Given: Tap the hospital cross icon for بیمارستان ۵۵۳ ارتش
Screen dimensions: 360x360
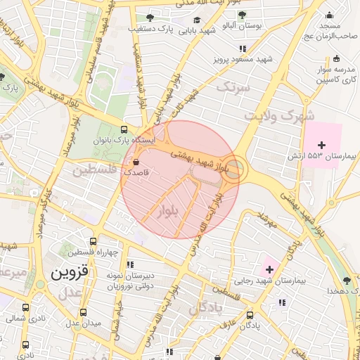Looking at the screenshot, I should coord(322,144).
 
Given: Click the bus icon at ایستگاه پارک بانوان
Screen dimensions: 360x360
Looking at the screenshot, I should coord(124,130).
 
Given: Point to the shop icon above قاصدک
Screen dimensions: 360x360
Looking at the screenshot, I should coord(134,161).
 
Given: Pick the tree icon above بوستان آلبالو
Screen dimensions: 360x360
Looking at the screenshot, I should coord(242,15).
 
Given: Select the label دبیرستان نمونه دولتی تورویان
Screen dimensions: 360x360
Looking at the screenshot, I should coord(129,281).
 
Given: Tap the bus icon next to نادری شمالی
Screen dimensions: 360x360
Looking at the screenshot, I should coord(26,308).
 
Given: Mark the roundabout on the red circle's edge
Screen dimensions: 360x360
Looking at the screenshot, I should coord(236,169).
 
